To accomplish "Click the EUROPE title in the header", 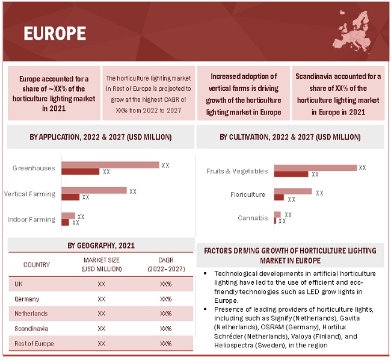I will tap(55, 33).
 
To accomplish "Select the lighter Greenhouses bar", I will tap(110, 165).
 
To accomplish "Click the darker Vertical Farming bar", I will tap(70, 197).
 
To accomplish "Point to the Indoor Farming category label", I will tap(31, 220).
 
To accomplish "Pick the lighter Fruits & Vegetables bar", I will tap(315, 168).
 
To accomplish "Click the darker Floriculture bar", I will tap(279, 197).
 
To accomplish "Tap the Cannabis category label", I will tap(253, 218).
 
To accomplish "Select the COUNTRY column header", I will tap(37, 264).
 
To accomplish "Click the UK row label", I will tap(19, 284).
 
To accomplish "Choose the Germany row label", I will tap(27, 299).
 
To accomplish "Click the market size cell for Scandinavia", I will tap(101, 329).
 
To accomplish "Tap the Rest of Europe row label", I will tap(34, 344).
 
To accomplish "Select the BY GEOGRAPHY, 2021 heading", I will tap(101, 246).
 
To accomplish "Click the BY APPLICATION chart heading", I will tap(100, 137).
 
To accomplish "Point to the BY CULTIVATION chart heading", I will tap(290, 137).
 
